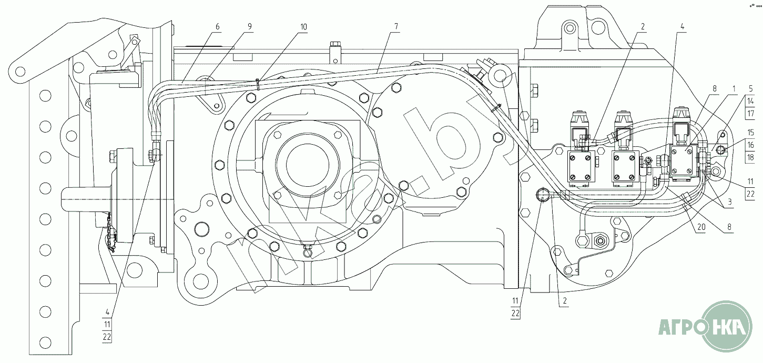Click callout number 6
[x=218, y=27]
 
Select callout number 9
[x=250, y=27]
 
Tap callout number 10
[x=303, y=27]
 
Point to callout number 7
[x=396, y=27]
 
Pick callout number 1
[x=734, y=89]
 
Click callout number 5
[x=750, y=89]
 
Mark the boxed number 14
[x=751, y=101]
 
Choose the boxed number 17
[x=751, y=113]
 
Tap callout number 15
[x=751, y=132]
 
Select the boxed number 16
[x=751, y=145]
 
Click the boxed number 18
[x=751, y=157]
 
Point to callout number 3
[x=730, y=202]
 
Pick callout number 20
[x=701, y=227]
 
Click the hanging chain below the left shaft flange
[x=111, y=233]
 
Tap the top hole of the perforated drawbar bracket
[x=45, y=96]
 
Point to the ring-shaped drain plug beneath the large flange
[x=308, y=251]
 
